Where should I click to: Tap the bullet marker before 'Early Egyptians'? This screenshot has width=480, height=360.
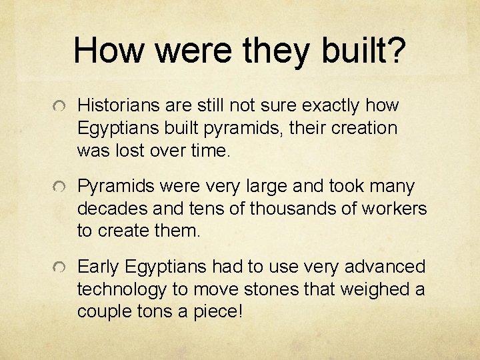[x=61, y=269]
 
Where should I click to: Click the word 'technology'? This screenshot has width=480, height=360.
[x=119, y=290]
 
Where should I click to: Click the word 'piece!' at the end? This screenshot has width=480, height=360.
[x=223, y=312]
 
